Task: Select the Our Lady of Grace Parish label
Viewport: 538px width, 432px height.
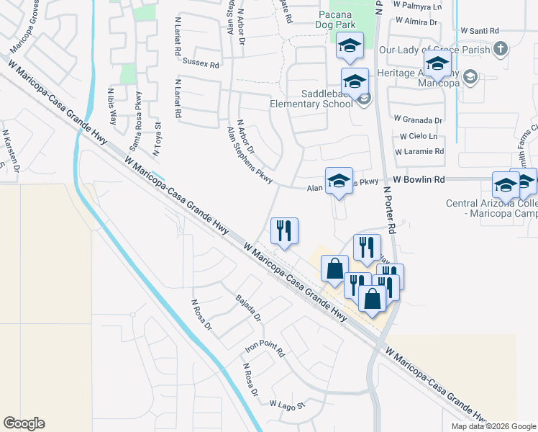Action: [x=434, y=50]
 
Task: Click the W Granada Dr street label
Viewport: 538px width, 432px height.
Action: [x=417, y=120]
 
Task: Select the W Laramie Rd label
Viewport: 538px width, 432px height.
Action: [x=419, y=152]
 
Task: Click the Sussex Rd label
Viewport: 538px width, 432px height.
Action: [x=201, y=63]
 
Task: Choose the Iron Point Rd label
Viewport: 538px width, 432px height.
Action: [x=265, y=349]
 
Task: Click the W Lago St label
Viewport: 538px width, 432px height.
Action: [x=288, y=405]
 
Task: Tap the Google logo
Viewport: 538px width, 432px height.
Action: [x=24, y=423]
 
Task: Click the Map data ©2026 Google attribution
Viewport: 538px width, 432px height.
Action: [x=493, y=426]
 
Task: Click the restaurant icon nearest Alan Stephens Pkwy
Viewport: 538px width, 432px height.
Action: [x=284, y=230]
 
